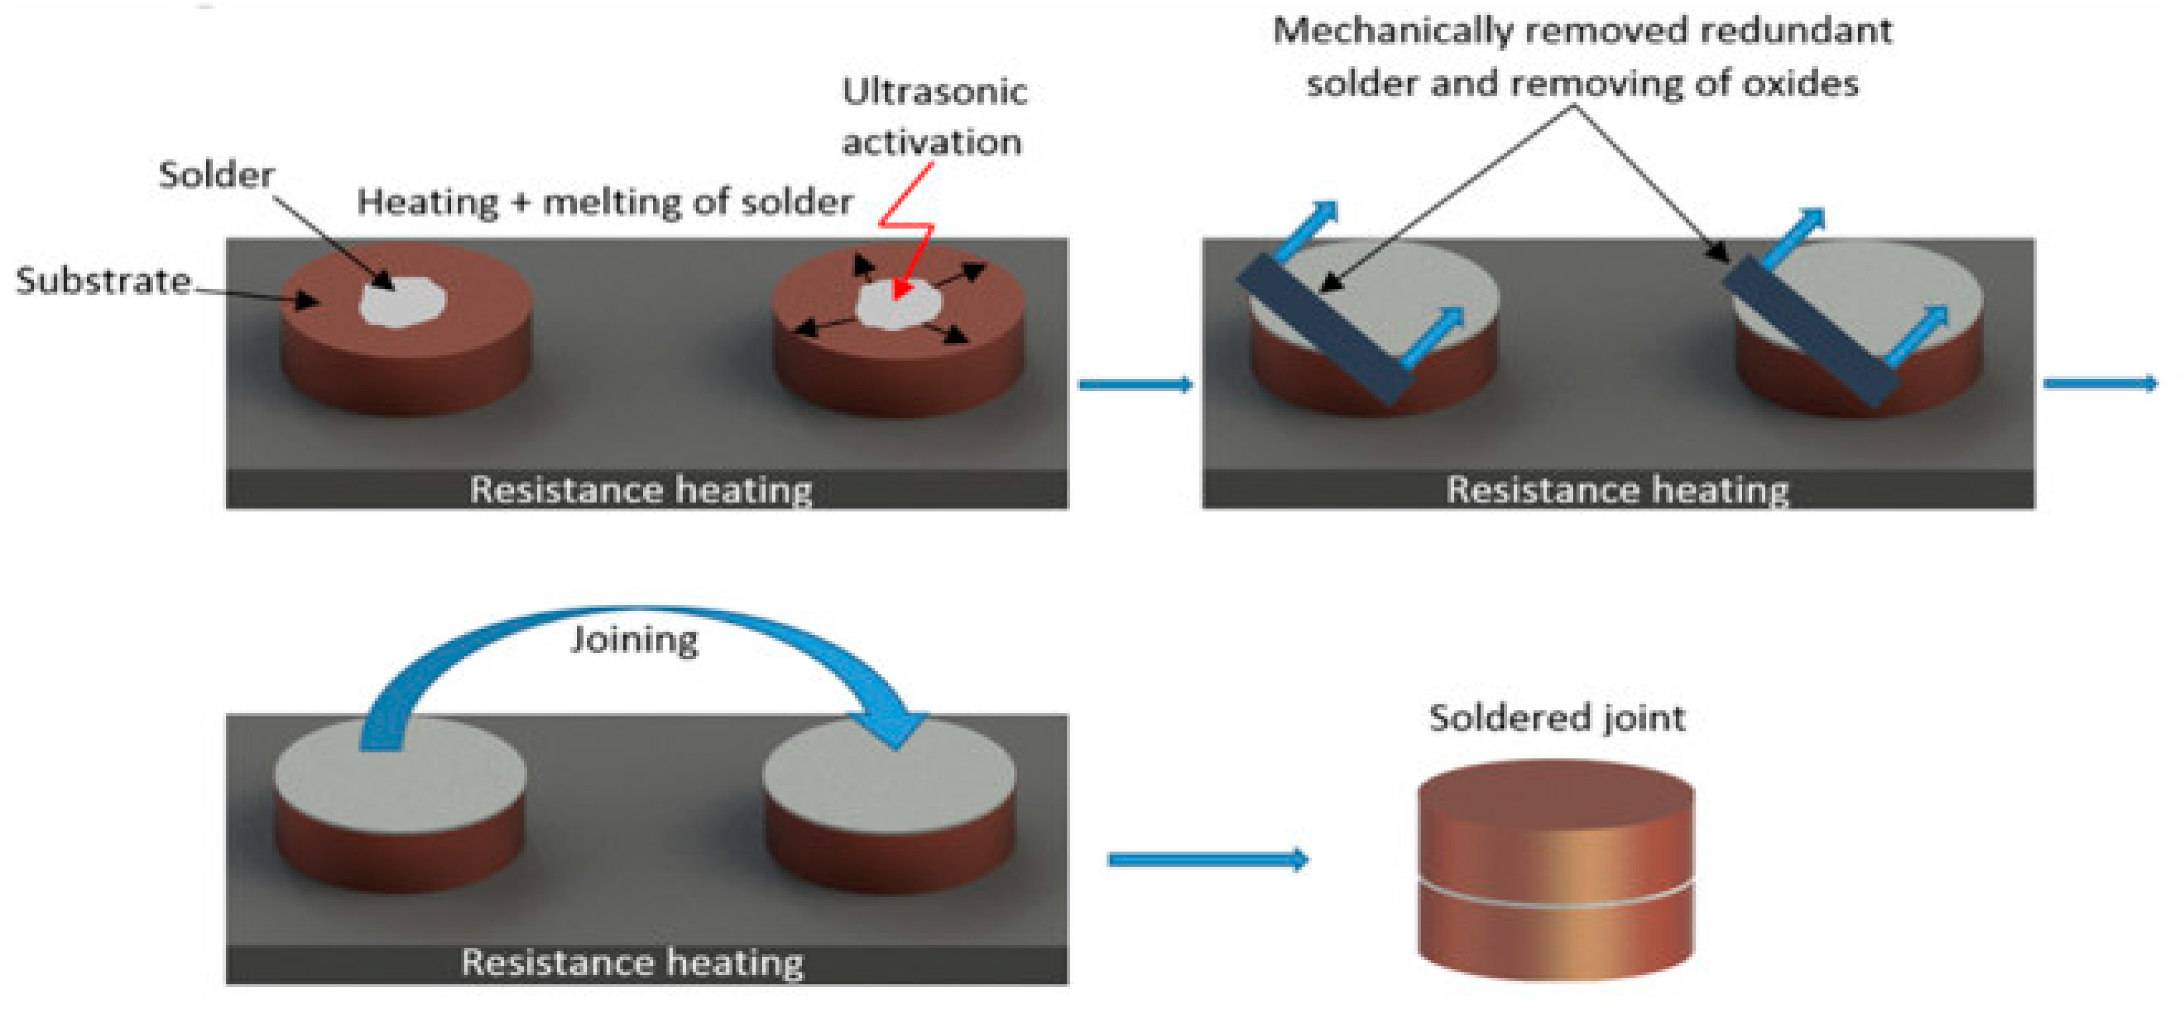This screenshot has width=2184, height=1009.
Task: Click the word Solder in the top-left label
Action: pyautogui.click(x=216, y=176)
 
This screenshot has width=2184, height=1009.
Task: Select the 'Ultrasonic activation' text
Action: pyautogui.click(x=933, y=117)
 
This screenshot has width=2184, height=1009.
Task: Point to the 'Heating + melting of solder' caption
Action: pyautogui.click(x=604, y=203)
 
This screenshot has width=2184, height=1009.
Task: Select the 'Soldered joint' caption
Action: pyautogui.click(x=1557, y=718)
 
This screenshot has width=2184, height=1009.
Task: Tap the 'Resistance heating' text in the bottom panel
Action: pyautogui.click(x=633, y=963)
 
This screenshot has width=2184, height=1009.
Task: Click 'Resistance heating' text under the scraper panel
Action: pyautogui.click(x=1617, y=490)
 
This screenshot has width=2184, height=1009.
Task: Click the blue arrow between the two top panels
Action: pyautogui.click(x=1135, y=385)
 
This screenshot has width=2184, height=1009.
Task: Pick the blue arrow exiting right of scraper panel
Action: pyautogui.click(x=2099, y=384)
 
